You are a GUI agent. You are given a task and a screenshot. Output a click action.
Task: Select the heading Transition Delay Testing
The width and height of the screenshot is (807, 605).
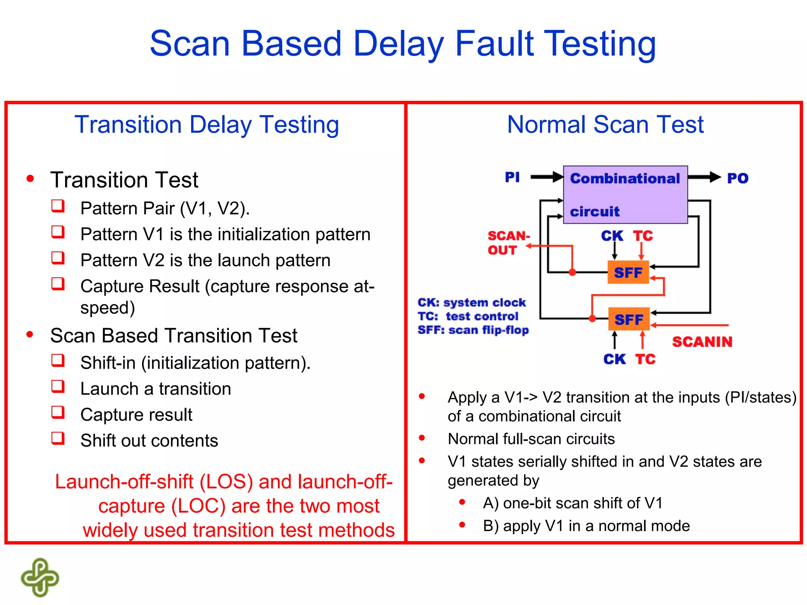click(206, 124)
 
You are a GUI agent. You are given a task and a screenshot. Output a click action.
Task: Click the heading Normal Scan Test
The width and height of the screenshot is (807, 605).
click(605, 124)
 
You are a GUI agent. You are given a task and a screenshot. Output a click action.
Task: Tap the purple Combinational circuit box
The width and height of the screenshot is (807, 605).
click(625, 195)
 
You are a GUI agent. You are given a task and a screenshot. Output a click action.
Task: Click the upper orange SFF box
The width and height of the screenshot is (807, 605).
click(628, 273)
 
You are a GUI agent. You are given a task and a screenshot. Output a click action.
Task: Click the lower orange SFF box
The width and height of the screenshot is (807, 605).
click(628, 319)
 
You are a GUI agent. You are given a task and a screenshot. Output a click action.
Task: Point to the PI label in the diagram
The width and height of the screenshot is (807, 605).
click(512, 177)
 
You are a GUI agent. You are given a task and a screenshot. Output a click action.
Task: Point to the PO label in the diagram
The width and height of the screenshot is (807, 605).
click(737, 178)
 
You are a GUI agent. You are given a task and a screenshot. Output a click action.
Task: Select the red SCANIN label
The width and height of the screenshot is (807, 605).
click(702, 341)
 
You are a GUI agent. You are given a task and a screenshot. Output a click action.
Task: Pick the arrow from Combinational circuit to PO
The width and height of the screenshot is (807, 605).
click(704, 177)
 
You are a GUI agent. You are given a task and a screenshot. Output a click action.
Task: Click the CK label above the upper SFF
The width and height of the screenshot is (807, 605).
click(612, 236)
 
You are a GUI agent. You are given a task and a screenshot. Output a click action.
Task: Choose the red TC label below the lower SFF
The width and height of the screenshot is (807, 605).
click(645, 359)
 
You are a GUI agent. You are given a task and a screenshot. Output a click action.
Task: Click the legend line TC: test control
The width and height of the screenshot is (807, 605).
click(468, 316)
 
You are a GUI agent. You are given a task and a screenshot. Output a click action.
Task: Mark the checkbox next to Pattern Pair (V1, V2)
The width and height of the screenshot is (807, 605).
click(58, 206)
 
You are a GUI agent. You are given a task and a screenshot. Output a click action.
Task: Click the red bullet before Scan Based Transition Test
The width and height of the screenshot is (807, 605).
click(30, 335)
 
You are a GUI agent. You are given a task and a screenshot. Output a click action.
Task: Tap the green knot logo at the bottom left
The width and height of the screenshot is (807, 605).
click(40, 577)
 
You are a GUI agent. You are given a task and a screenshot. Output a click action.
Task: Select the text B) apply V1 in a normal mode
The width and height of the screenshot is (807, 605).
click(586, 526)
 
